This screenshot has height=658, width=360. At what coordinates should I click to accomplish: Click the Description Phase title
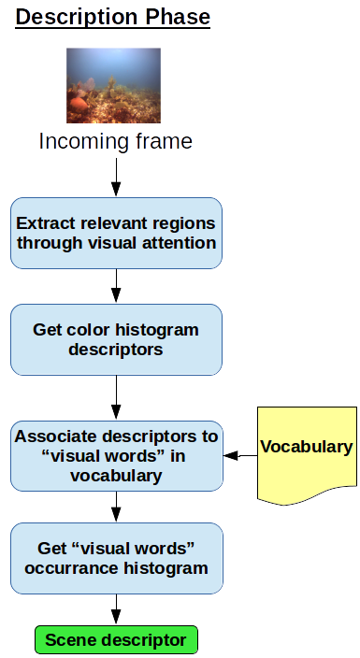[x=113, y=17]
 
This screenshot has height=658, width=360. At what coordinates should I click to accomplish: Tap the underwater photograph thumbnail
[x=113, y=86]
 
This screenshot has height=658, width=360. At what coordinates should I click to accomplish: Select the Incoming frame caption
[x=116, y=141]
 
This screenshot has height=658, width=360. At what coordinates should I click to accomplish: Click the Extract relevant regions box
[x=116, y=233]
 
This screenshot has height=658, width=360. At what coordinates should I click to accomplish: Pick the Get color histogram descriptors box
[x=116, y=339]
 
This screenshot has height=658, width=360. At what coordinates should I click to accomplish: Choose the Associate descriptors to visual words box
[x=116, y=455]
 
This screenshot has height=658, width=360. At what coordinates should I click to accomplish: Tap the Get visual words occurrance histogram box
[x=116, y=558]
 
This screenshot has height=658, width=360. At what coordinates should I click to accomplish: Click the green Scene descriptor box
[x=116, y=640]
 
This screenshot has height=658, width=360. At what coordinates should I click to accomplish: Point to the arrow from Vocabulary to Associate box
[x=241, y=456]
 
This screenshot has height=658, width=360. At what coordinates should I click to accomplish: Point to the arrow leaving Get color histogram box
[x=116, y=397]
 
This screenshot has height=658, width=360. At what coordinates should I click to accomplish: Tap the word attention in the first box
[x=183, y=243]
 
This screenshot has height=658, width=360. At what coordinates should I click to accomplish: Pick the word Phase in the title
[x=177, y=17]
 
